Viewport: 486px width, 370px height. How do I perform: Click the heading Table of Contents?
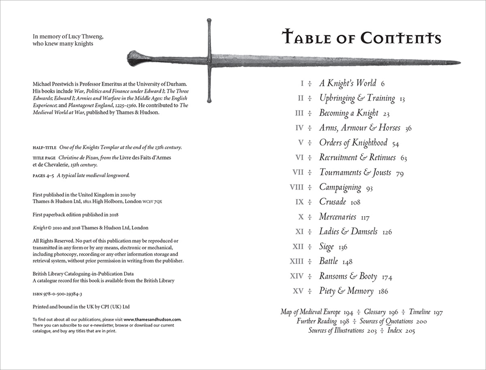point(361,37)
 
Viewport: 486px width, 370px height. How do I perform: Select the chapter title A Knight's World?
point(347,83)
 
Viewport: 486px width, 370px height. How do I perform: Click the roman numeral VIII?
point(296,187)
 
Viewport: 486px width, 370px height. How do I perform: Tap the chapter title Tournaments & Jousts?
point(355,172)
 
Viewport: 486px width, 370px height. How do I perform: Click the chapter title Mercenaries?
point(337,217)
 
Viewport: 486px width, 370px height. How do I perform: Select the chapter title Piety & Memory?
point(346,291)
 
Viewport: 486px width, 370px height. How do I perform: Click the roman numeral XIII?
point(296,261)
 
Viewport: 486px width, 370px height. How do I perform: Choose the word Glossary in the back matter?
point(374,312)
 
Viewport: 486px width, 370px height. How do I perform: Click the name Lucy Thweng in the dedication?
point(84,37)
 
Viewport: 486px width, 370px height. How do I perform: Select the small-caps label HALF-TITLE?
point(43,148)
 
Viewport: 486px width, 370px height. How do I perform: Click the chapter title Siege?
point(326,247)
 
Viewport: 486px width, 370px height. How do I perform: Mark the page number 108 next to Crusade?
point(355,202)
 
